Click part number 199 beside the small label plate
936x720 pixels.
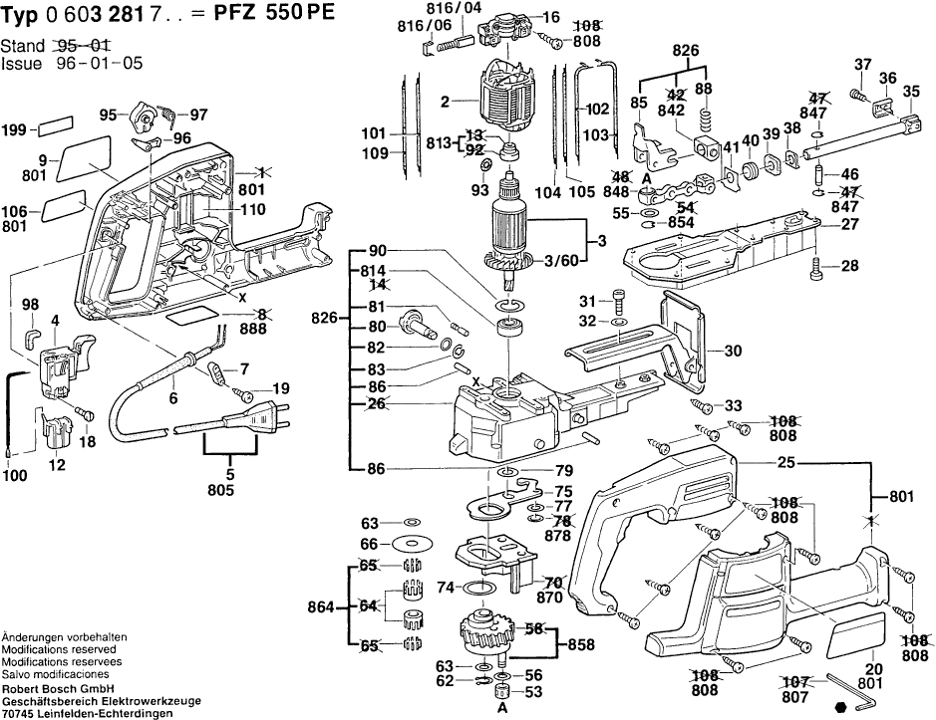(15, 130)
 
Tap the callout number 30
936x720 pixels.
(733, 351)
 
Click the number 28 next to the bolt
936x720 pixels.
(849, 266)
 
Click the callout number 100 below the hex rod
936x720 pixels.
(15, 477)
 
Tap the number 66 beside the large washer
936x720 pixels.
(370, 544)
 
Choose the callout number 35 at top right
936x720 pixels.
(910, 93)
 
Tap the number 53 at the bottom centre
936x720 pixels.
(533, 691)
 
